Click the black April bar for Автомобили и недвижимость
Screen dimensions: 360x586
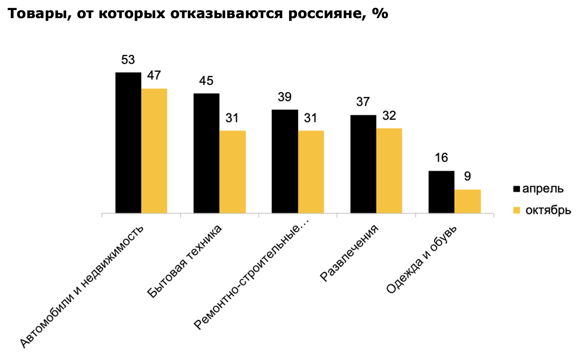128,143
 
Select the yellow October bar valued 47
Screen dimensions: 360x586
154,151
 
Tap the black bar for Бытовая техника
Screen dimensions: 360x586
206,153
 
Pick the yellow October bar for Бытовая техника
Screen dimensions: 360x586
232,172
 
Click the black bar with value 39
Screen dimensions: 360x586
285,161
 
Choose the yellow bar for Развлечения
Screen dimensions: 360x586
389,171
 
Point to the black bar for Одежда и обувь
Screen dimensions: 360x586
441,192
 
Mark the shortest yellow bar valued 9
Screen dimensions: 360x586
467,201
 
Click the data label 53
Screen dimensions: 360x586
128,60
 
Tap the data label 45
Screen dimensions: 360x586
206,81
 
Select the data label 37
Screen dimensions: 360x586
363,102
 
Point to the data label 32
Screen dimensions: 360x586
389,116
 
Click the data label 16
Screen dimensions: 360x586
441,158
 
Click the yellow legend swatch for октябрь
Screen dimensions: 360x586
516,210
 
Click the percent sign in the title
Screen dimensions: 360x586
380,13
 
